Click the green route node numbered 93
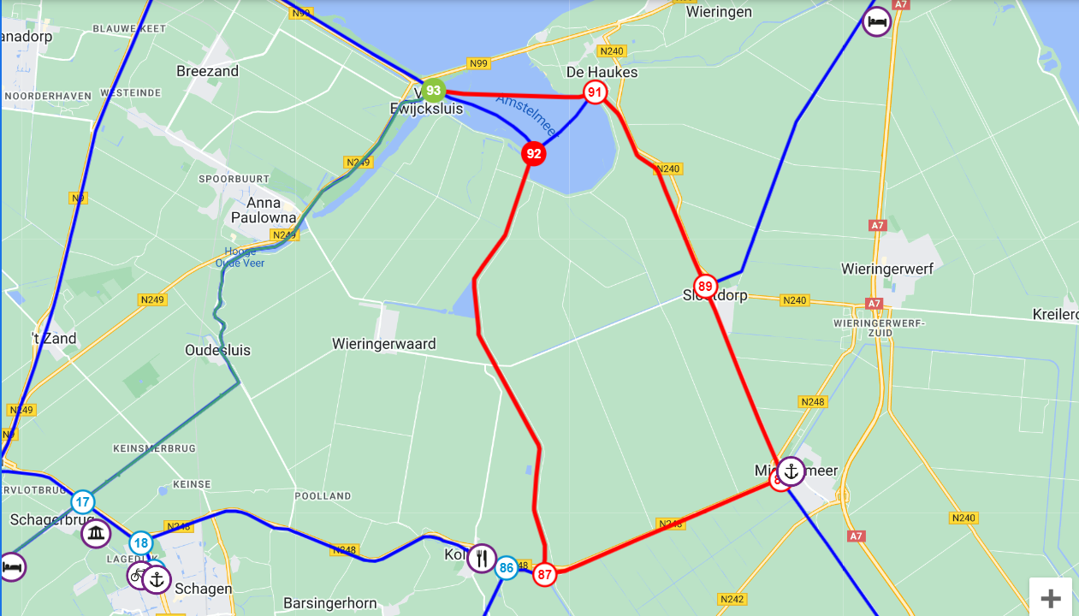(434, 90)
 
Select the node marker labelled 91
(595, 92)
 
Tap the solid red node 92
(534, 154)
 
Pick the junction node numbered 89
(705, 286)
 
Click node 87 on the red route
(545, 574)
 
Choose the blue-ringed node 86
(507, 567)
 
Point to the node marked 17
(82, 501)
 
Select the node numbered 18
(141, 542)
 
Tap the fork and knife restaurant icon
(482, 559)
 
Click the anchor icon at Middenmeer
(791, 471)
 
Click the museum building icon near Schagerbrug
(96, 534)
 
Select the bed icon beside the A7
(876, 21)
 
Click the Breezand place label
(207, 71)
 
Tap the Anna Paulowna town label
(264, 210)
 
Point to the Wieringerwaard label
(384, 344)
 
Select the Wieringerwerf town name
(886, 268)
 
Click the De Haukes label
(602, 72)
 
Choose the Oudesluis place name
(217, 350)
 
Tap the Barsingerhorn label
(329, 603)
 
